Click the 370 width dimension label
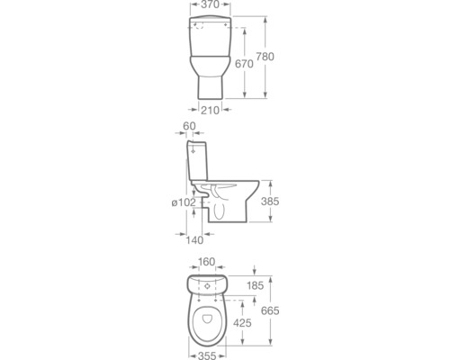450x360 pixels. [210, 4]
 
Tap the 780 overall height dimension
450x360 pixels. [265, 57]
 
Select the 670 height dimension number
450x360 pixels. [244, 64]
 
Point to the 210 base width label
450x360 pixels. [210, 111]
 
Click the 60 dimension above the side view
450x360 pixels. [189, 126]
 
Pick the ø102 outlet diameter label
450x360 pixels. [184, 202]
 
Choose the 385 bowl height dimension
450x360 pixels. [270, 202]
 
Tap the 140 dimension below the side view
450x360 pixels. [194, 240]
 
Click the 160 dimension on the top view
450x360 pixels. [207, 262]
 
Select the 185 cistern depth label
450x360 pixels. [256, 285]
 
